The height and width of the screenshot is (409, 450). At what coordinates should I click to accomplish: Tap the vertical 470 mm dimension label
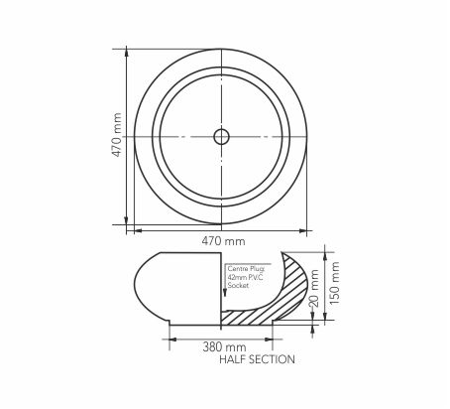pyautogui.click(x=117, y=135)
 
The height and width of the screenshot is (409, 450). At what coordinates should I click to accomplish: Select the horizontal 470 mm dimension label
pyautogui.click(x=224, y=241)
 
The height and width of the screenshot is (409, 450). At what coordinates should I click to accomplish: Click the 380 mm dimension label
pyautogui.click(x=224, y=347)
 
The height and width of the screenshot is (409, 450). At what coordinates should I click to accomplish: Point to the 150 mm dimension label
pyautogui.click(x=335, y=283)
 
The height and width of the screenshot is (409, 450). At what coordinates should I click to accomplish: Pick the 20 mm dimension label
pyautogui.click(x=314, y=289)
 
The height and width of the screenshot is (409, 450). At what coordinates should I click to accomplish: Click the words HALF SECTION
pyautogui.click(x=257, y=359)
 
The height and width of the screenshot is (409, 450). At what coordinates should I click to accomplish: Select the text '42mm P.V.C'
pyautogui.click(x=246, y=277)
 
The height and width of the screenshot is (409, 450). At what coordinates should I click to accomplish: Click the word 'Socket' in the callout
pyautogui.click(x=238, y=285)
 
